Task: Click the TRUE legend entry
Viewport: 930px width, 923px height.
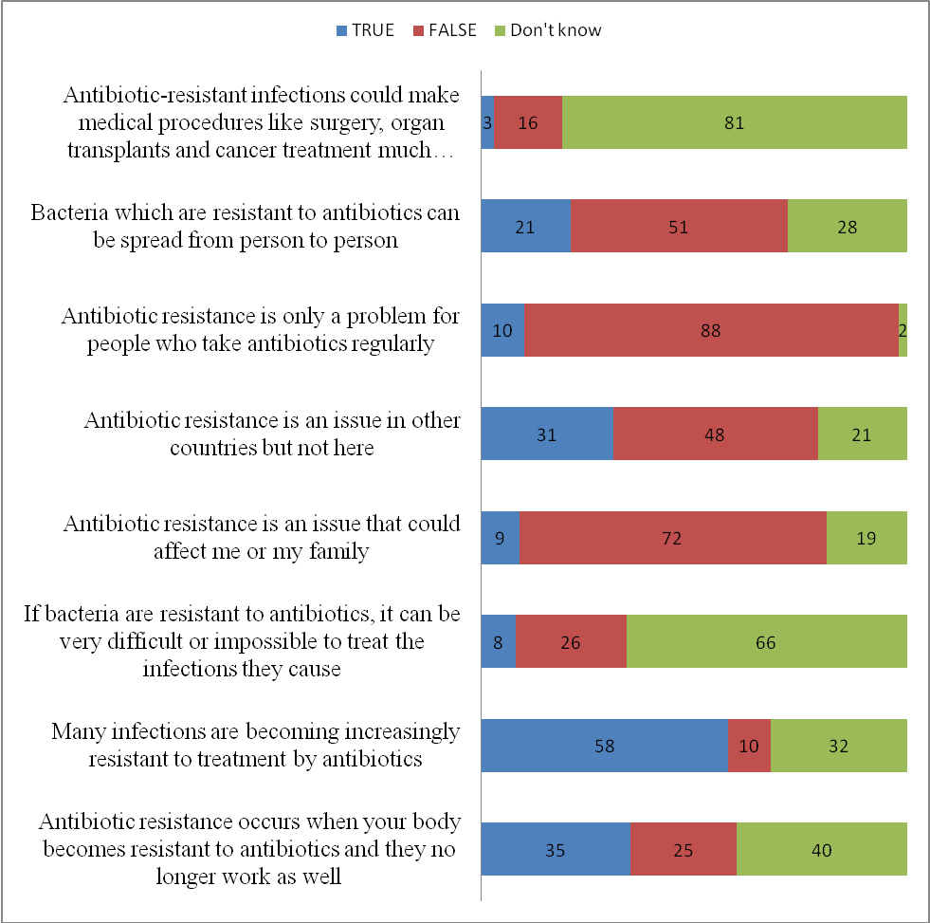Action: point(365,30)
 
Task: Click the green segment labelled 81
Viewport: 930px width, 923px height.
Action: point(735,122)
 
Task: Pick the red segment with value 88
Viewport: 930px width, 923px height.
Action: point(711,330)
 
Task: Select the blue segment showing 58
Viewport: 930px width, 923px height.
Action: point(604,745)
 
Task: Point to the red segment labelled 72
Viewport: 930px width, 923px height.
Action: point(672,538)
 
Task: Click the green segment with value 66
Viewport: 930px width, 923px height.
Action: point(766,641)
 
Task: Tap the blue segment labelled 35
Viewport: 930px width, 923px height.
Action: point(556,849)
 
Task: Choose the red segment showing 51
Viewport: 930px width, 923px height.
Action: point(679,226)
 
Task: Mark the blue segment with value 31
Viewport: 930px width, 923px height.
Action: point(547,434)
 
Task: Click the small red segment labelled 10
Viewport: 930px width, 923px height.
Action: point(749,745)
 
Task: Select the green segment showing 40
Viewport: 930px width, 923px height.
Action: point(821,849)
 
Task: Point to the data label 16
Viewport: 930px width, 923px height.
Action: point(528,122)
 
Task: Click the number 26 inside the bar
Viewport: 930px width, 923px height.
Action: point(570,642)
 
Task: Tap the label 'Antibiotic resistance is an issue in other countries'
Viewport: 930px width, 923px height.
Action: point(272,434)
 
